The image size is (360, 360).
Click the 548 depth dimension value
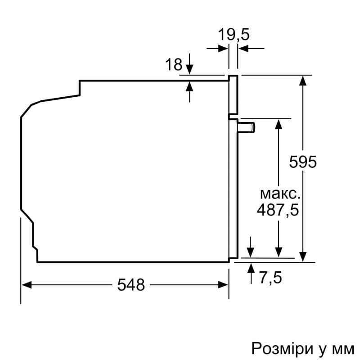coord(131,284)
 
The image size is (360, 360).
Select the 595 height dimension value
coord(303,162)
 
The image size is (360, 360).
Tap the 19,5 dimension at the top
coord(234,35)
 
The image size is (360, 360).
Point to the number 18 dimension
coord(173,65)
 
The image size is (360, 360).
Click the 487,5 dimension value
coord(278,210)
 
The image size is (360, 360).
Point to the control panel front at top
coord(233,94)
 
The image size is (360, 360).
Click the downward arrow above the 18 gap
coord(189,68)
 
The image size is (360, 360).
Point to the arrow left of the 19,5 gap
coord(223,49)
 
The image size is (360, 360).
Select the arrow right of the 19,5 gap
coord(243,49)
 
